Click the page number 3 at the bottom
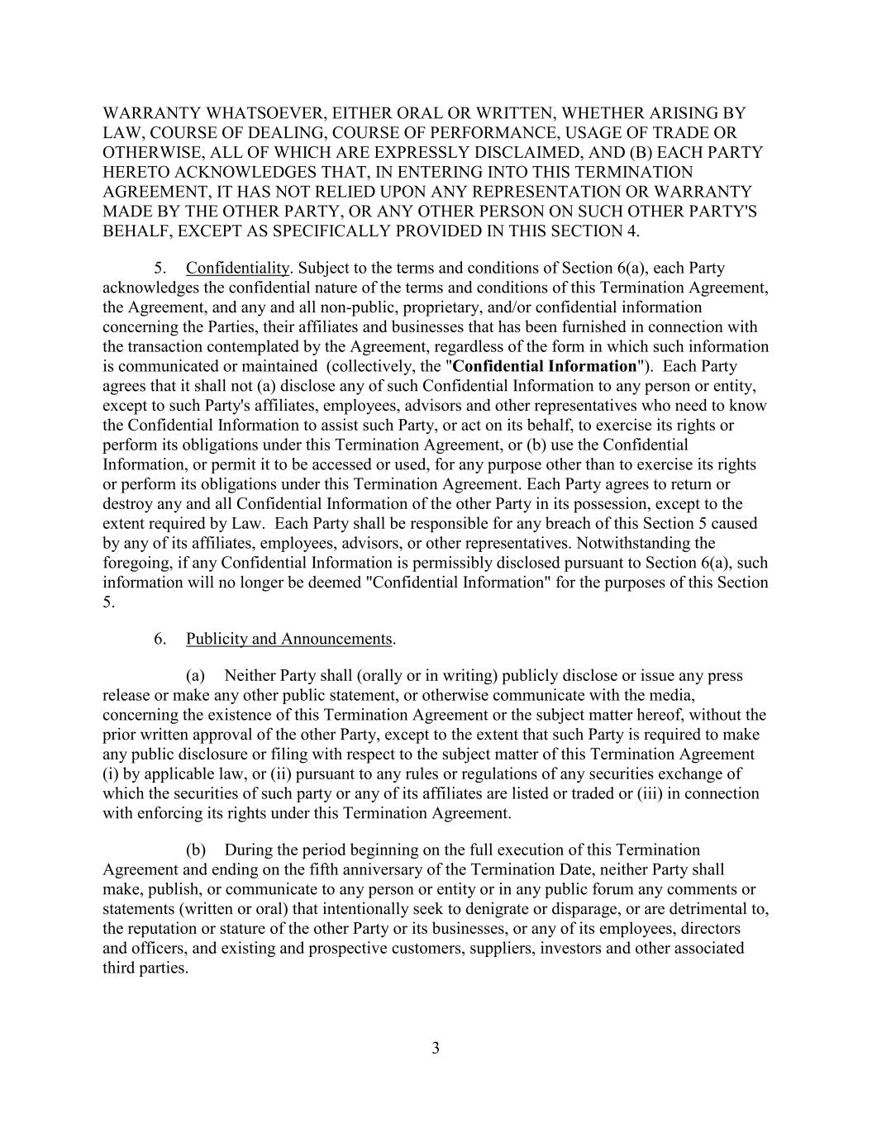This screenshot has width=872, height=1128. tap(436, 1049)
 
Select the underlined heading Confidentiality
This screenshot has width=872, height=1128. tap(238, 268)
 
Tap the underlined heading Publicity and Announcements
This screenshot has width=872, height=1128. tap(289, 639)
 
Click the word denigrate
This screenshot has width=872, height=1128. tap(519, 909)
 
